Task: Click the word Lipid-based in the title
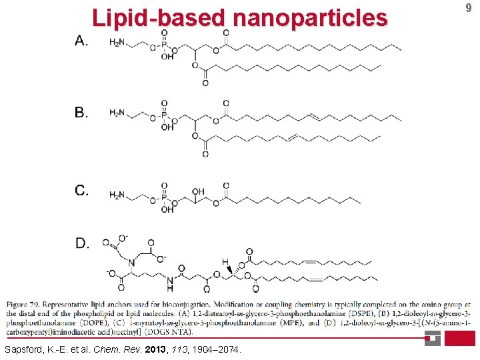pos(159,17)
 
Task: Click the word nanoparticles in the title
pos(309,17)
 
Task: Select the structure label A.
pos(81,41)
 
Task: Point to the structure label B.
pos(81,113)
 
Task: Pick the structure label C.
pos(81,191)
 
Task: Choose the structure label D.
pos(81,243)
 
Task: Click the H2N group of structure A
pos(116,43)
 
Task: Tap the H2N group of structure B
pos(116,114)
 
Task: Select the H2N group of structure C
pos(116,195)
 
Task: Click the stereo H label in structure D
pos(225,262)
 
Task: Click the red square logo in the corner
pos(460,338)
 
